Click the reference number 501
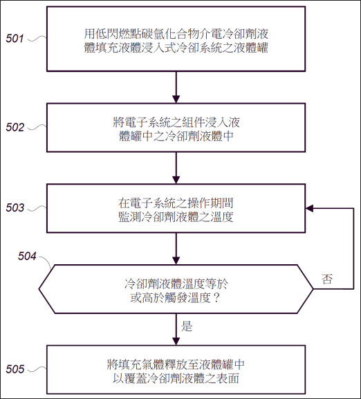(x=15, y=39)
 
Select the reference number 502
(x=15, y=127)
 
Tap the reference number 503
(x=15, y=207)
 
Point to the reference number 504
(x=27, y=256)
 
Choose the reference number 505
(x=15, y=369)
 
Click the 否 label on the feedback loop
(x=327, y=279)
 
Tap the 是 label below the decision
(x=187, y=326)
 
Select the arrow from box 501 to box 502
(x=176, y=87)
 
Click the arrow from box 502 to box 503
(x=176, y=168)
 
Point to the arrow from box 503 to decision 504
(x=176, y=249)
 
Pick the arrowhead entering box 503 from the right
(x=309, y=208)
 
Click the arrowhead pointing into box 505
(x=176, y=342)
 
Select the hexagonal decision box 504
(x=176, y=289)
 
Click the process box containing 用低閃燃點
(x=176, y=39)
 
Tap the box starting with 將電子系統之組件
(x=176, y=128)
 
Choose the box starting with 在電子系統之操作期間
(x=176, y=208)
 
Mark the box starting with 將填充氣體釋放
(x=176, y=369)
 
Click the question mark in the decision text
(x=216, y=298)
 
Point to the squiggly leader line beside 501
(x=37, y=39)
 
